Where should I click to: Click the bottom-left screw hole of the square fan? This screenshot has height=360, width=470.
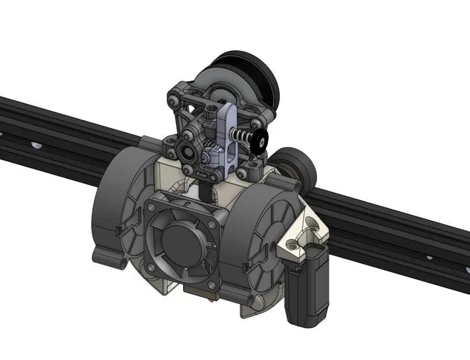151,267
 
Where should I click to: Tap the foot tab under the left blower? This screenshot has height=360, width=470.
109,259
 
